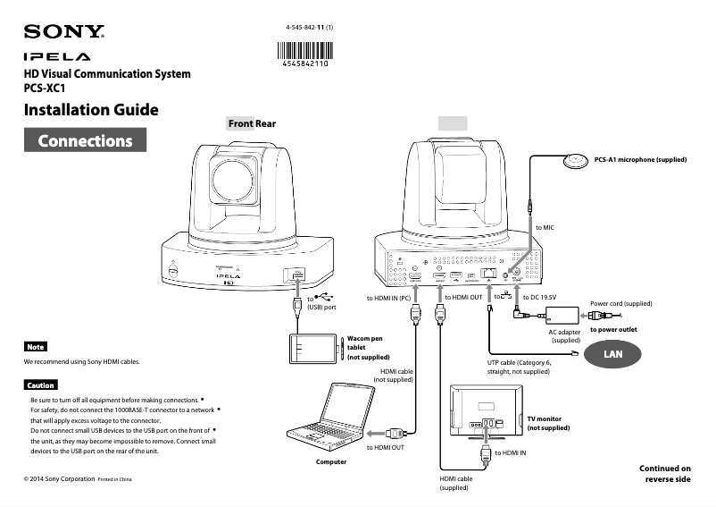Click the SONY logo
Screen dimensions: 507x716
click(x=64, y=33)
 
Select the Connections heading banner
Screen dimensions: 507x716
click(x=85, y=140)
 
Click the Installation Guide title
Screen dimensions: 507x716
click(x=91, y=111)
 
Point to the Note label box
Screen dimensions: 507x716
click(x=36, y=346)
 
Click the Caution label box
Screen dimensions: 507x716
click(x=40, y=384)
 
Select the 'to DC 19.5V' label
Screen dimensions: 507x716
click(x=539, y=296)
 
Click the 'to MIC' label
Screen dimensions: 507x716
click(x=545, y=228)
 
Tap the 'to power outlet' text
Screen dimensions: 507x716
click(x=613, y=330)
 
